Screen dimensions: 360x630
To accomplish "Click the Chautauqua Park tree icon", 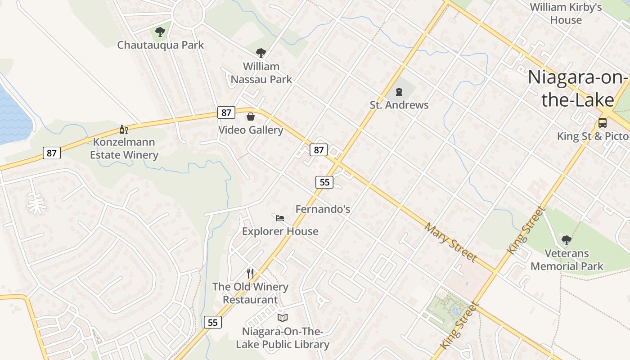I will (160, 32).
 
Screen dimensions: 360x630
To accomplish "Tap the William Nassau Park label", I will (261, 73).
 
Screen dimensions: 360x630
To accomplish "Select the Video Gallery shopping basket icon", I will (251, 117).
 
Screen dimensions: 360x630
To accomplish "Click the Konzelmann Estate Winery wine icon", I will (124, 129).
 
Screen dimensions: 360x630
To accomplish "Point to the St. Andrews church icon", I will (399, 92).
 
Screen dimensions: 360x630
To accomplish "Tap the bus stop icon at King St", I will (602, 122).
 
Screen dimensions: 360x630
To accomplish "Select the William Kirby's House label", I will (566, 13).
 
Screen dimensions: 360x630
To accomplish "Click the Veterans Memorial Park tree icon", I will (567, 240).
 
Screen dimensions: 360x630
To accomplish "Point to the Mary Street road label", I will (450, 242).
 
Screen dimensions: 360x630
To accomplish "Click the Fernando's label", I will (323, 209).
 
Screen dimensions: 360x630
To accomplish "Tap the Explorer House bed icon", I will (280, 218).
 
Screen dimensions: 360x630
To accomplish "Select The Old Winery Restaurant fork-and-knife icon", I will (250, 273).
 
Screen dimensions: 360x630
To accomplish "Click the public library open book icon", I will (283, 318).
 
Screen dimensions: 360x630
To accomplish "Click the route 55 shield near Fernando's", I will (324, 182).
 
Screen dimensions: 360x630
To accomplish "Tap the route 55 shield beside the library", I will (213, 322).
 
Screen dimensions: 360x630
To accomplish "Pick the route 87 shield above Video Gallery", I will (226, 112).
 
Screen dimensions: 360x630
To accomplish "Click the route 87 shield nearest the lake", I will (52, 153).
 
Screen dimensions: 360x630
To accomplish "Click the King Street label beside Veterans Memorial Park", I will (526, 230).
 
